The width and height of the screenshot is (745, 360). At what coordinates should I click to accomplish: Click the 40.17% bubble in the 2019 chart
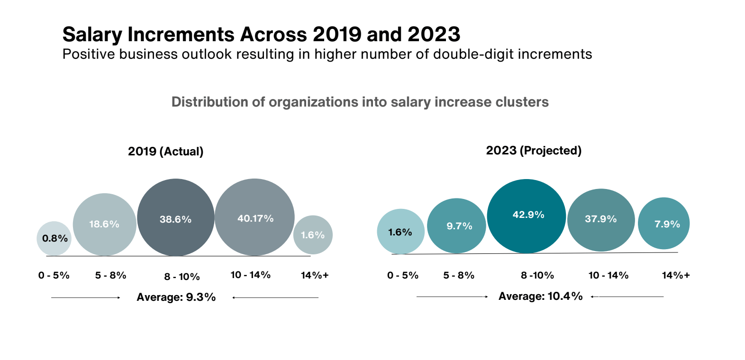[x=254, y=217]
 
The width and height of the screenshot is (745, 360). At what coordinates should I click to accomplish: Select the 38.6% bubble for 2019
[x=175, y=218]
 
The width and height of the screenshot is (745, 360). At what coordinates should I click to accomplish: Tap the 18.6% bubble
[x=104, y=225]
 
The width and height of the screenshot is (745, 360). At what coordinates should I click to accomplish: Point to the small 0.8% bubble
[x=54, y=238]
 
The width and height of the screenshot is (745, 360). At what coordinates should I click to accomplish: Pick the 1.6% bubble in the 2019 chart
[x=313, y=235]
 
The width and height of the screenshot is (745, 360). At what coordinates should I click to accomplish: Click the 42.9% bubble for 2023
[x=527, y=216]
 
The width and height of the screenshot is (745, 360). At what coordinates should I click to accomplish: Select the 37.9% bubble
[x=601, y=220]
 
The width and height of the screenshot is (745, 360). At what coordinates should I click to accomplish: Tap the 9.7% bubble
[x=457, y=226]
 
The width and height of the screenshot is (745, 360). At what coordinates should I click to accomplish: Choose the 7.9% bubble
[x=663, y=224]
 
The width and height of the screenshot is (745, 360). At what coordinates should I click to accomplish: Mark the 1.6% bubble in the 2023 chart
[x=400, y=232]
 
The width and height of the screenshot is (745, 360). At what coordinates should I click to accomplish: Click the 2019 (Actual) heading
[x=165, y=152]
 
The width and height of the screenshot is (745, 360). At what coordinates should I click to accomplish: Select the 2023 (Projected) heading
[x=534, y=151]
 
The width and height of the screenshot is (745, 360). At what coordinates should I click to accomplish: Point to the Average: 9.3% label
[x=176, y=297]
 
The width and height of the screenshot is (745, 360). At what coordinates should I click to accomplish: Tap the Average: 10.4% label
[x=540, y=297]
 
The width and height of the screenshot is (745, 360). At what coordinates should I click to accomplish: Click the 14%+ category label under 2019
[x=315, y=275]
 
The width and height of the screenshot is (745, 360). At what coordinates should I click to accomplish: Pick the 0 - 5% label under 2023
[x=403, y=275]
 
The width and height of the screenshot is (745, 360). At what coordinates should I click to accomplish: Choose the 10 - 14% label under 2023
[x=609, y=275]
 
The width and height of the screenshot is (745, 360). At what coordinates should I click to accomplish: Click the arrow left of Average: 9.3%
[x=86, y=297]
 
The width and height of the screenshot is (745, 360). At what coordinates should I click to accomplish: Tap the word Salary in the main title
[x=92, y=35]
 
